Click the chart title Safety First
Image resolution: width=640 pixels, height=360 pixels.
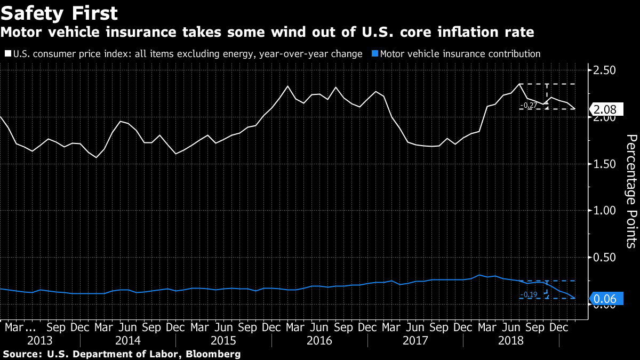pyautogui.click(x=59, y=12)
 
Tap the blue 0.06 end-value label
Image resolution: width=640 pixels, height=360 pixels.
pyautogui.click(x=605, y=299)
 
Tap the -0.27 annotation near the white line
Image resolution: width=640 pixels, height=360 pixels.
pyautogui.click(x=529, y=106)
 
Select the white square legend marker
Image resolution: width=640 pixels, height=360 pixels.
pyautogui.click(x=7, y=54)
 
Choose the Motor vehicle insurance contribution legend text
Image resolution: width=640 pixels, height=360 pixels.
pyautogui.click(x=460, y=54)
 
